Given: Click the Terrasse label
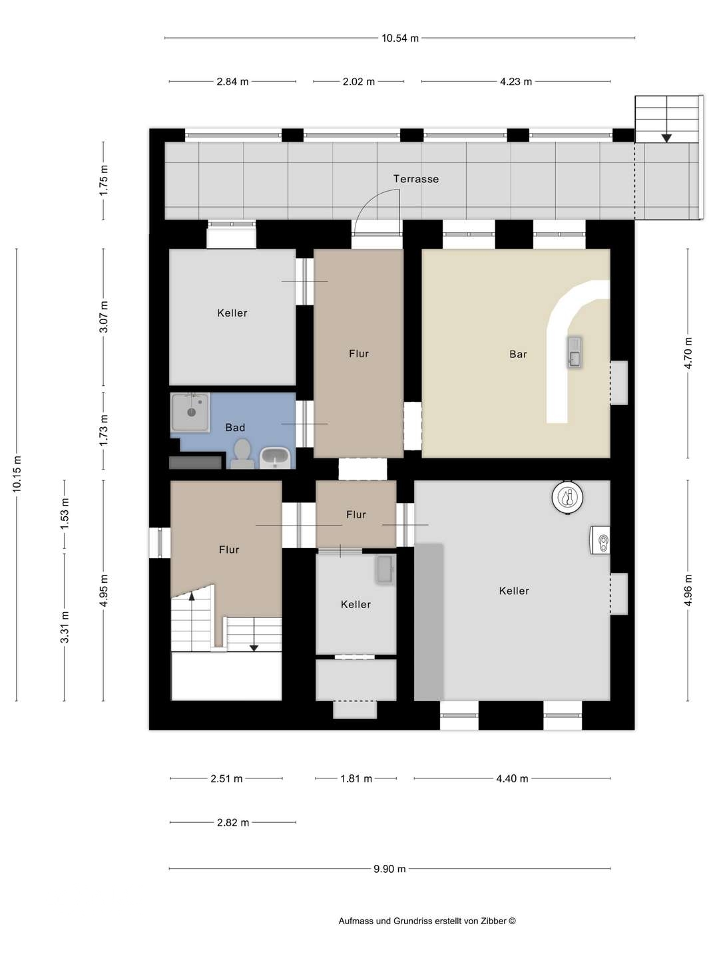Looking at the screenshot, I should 415,179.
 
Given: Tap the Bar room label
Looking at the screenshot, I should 518,355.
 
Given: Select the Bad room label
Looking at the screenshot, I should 235,428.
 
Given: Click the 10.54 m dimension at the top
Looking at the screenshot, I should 399,39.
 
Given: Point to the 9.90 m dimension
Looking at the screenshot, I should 389,869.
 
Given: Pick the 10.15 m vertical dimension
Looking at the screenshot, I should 17,474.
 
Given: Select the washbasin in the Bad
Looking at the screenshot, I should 275,457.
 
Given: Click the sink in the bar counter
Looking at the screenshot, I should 574,352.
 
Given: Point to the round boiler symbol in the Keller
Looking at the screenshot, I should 568,497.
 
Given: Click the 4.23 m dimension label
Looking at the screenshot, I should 516,82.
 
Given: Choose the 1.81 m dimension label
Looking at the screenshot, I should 356,778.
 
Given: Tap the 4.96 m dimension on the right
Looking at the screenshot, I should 688,590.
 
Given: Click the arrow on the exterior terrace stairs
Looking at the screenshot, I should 666,138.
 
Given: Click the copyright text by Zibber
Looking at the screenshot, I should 427,921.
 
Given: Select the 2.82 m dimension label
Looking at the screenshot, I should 233,823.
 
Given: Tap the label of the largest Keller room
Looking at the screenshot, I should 514,591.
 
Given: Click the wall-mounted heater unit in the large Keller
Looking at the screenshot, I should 600,541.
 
